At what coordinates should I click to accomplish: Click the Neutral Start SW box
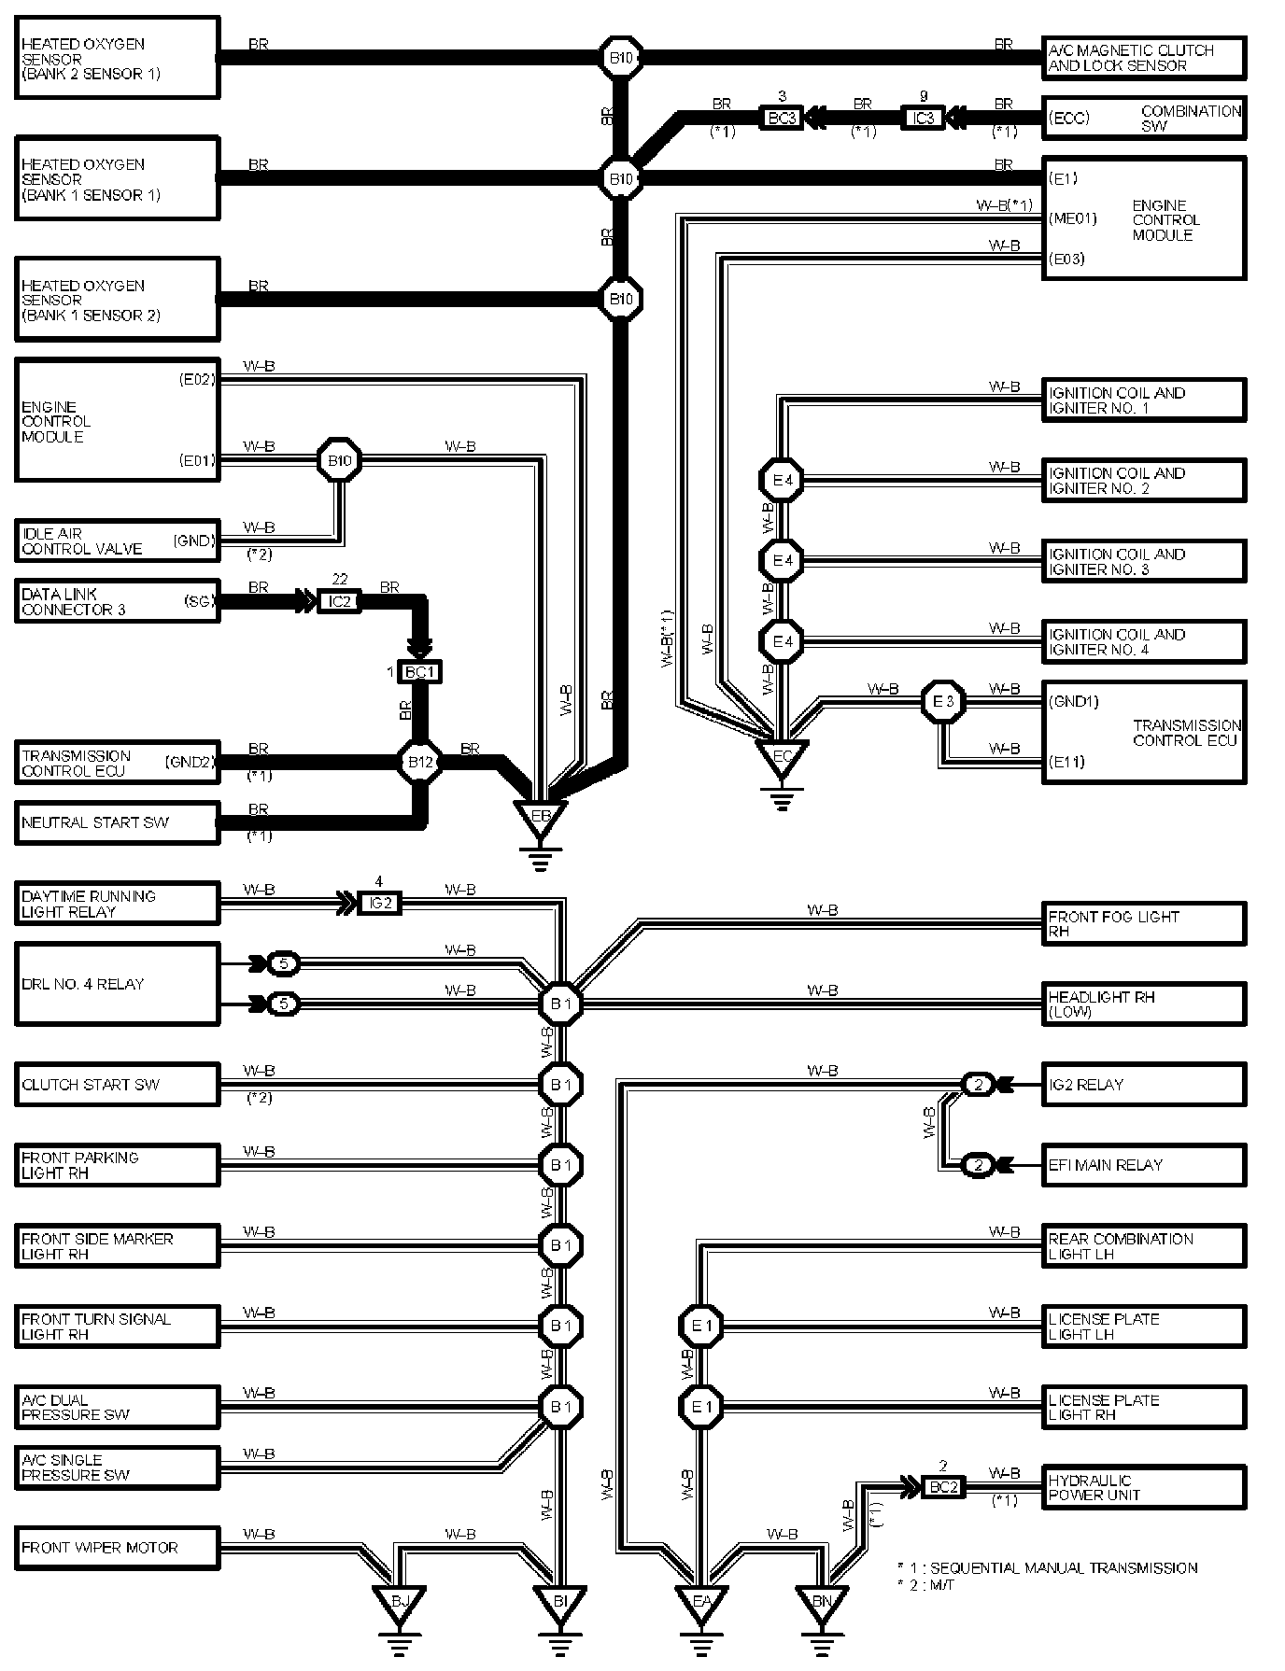(118, 823)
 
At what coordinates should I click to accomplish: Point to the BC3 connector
(781, 119)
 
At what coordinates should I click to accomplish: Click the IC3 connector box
(923, 119)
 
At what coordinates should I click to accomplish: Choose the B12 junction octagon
(420, 763)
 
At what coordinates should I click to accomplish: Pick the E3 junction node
(943, 702)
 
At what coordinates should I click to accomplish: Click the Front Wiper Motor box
(118, 1547)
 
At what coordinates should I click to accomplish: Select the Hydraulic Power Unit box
(1143, 1487)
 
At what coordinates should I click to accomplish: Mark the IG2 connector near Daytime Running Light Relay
(379, 903)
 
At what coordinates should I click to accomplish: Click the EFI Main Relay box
(1143, 1165)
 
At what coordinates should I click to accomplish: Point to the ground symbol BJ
(399, 1604)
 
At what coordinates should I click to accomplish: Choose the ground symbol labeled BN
(821, 1604)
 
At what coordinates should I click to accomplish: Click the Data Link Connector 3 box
(118, 602)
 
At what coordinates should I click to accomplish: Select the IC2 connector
(339, 602)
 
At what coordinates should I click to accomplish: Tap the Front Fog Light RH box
(1143, 923)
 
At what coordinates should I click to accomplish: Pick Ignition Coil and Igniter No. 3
(1143, 561)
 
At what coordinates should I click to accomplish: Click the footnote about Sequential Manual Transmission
(1046, 1567)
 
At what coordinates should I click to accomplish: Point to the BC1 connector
(419, 671)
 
